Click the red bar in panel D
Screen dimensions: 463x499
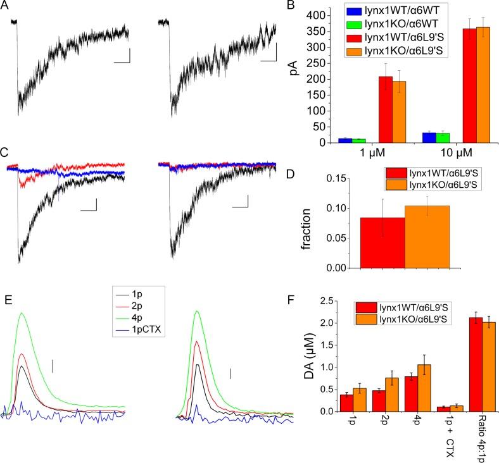click(382, 243)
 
